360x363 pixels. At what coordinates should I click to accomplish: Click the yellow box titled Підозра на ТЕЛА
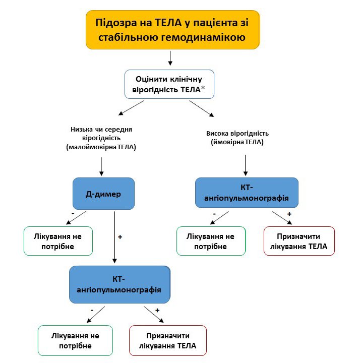172,30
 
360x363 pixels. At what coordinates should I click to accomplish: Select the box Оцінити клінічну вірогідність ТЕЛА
169,84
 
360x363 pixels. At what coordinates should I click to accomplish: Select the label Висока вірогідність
237,134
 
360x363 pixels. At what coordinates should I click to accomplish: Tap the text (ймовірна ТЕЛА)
237,143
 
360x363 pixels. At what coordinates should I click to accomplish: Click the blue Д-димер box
103,193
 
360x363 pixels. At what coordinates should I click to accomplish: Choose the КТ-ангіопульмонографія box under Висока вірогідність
247,192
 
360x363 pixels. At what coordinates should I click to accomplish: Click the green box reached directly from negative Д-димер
58,241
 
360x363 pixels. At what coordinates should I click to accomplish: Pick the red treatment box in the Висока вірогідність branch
298,241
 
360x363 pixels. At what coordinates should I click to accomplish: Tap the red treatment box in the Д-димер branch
168,341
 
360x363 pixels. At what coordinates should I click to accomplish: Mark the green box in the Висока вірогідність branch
211,241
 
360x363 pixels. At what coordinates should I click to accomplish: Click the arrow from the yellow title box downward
170,58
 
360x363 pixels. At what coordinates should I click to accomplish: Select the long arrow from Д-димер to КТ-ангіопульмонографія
115,237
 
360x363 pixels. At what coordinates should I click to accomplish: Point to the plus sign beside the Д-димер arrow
120,236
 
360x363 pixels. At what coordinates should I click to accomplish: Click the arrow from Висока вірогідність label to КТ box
246,164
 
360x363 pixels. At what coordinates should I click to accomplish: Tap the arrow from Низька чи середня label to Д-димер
102,165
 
